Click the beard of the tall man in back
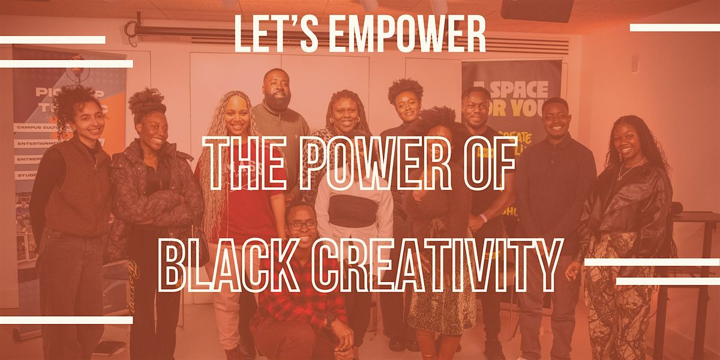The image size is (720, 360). coord(278,102)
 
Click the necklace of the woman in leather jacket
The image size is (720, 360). coord(625,171)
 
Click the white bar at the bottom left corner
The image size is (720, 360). coord(66,320)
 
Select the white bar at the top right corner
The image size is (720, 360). coord(674,28)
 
